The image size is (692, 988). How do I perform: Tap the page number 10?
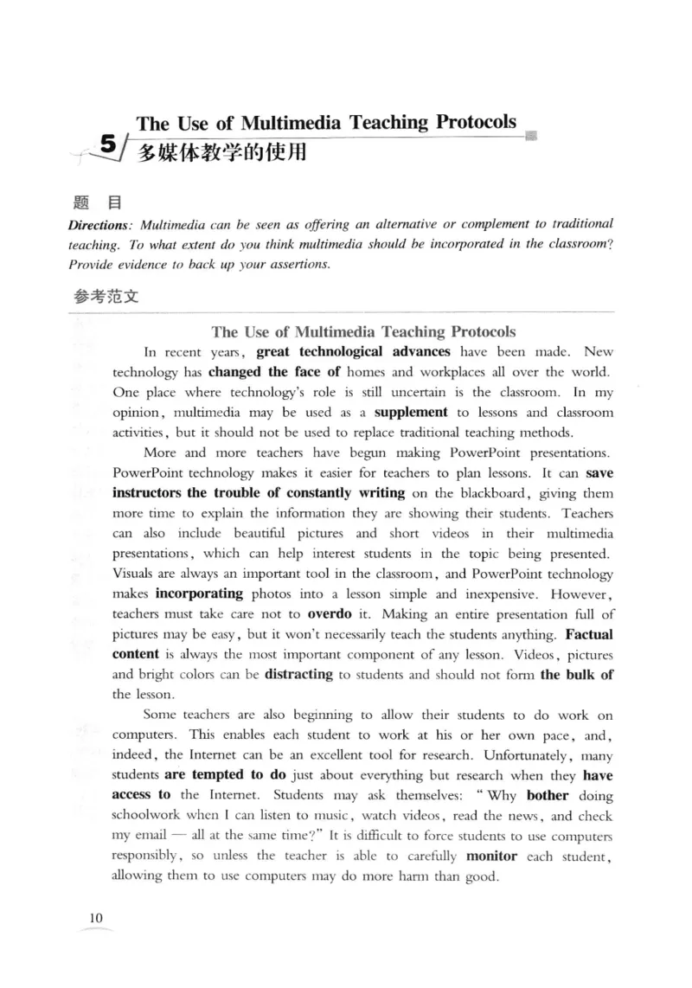tap(95, 917)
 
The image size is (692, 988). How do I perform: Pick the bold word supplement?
tap(411, 413)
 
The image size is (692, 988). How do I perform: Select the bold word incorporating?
tap(199, 594)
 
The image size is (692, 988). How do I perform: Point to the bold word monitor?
tap(491, 856)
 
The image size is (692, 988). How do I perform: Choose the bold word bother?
tap(548, 795)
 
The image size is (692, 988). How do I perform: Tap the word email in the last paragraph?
tap(151, 836)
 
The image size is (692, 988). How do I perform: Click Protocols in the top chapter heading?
tap(476, 122)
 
